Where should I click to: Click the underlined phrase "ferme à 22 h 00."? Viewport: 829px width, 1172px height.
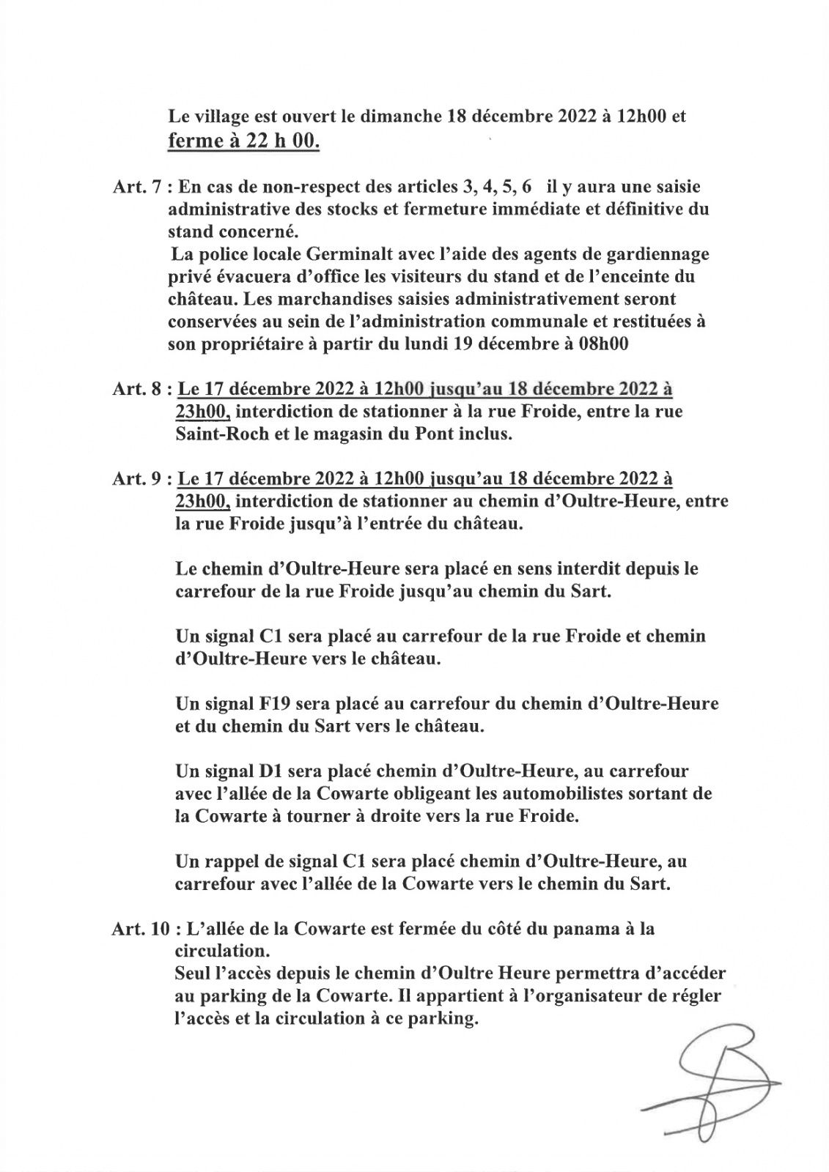pos(244,141)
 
